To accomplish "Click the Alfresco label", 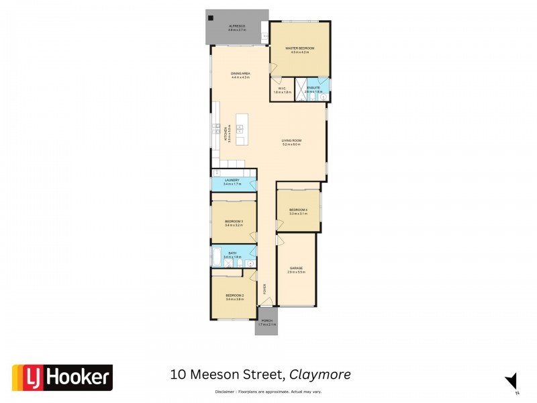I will (236, 27).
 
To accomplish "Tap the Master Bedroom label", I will (299, 49).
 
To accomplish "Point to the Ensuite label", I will (313, 88).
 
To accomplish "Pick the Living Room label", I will (292, 140).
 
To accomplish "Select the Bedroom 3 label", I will (233, 222).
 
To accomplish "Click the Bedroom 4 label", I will (298, 210).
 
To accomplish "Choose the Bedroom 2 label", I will (234, 296).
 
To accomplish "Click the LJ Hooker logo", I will (62, 377).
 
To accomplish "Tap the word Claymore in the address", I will (320, 374).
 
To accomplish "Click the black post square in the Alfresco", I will (211, 17).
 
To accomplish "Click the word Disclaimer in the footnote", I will (224, 391).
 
